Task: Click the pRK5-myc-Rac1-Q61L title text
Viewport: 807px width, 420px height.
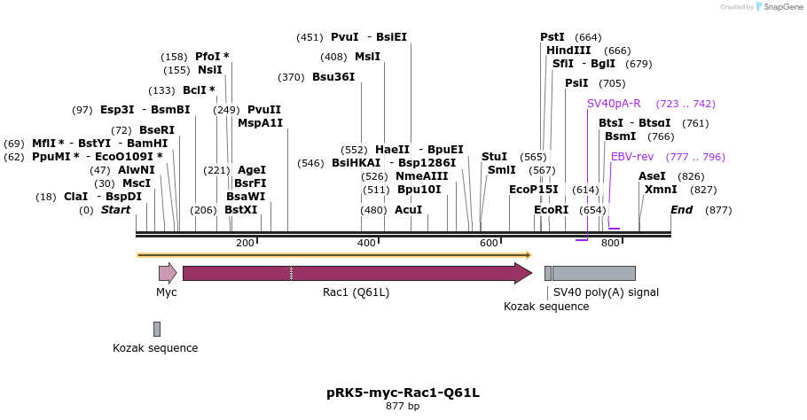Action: [x=403, y=392]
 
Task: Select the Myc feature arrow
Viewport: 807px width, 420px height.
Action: [x=168, y=273]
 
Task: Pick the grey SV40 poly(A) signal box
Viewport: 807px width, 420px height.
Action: [x=593, y=273]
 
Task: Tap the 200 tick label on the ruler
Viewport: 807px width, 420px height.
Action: [x=245, y=243]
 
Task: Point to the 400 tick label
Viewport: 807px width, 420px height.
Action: [x=366, y=243]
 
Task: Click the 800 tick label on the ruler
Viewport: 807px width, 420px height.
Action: [x=610, y=243]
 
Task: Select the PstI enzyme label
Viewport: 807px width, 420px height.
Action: [x=552, y=37]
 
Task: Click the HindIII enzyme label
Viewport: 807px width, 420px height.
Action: [x=568, y=51]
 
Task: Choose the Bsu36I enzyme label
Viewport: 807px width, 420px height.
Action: [x=333, y=77]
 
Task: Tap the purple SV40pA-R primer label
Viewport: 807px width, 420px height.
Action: [x=614, y=104]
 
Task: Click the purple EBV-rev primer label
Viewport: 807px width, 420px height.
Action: [x=632, y=157]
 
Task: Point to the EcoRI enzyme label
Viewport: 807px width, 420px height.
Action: [x=551, y=210]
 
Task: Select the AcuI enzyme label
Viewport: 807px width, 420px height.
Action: [x=409, y=210]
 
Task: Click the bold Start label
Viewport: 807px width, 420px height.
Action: [x=115, y=210]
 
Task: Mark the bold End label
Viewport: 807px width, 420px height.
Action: [x=681, y=210]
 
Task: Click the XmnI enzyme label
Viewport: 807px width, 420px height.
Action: [x=662, y=190]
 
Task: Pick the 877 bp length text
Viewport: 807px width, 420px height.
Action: [x=403, y=407]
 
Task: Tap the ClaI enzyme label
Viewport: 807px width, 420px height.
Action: [x=75, y=197]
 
